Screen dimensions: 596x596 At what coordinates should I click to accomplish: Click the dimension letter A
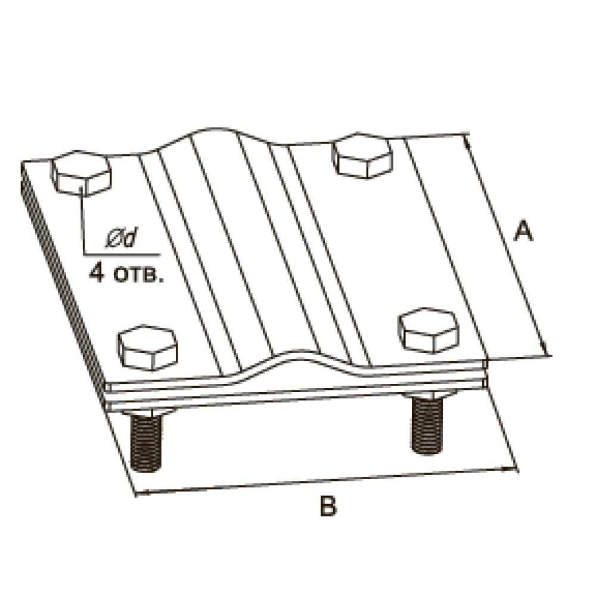click(x=523, y=230)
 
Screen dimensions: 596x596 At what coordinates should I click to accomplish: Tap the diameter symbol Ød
click(x=122, y=238)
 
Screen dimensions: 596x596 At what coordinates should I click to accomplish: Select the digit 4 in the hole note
click(x=97, y=274)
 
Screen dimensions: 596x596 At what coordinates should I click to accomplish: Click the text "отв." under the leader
click(x=138, y=276)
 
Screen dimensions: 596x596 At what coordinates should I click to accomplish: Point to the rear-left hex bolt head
click(x=82, y=173)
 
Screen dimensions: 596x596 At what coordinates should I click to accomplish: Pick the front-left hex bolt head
click(x=147, y=347)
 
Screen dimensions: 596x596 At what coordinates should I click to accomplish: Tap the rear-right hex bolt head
click(x=363, y=156)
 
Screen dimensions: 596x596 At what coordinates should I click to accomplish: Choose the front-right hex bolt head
click(x=429, y=330)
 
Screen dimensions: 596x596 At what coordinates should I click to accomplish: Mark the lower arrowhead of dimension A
click(x=545, y=349)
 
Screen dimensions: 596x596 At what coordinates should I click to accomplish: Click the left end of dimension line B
click(x=136, y=493)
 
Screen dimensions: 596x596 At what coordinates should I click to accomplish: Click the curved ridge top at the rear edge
click(x=215, y=129)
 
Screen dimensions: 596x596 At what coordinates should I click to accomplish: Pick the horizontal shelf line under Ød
click(x=122, y=254)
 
